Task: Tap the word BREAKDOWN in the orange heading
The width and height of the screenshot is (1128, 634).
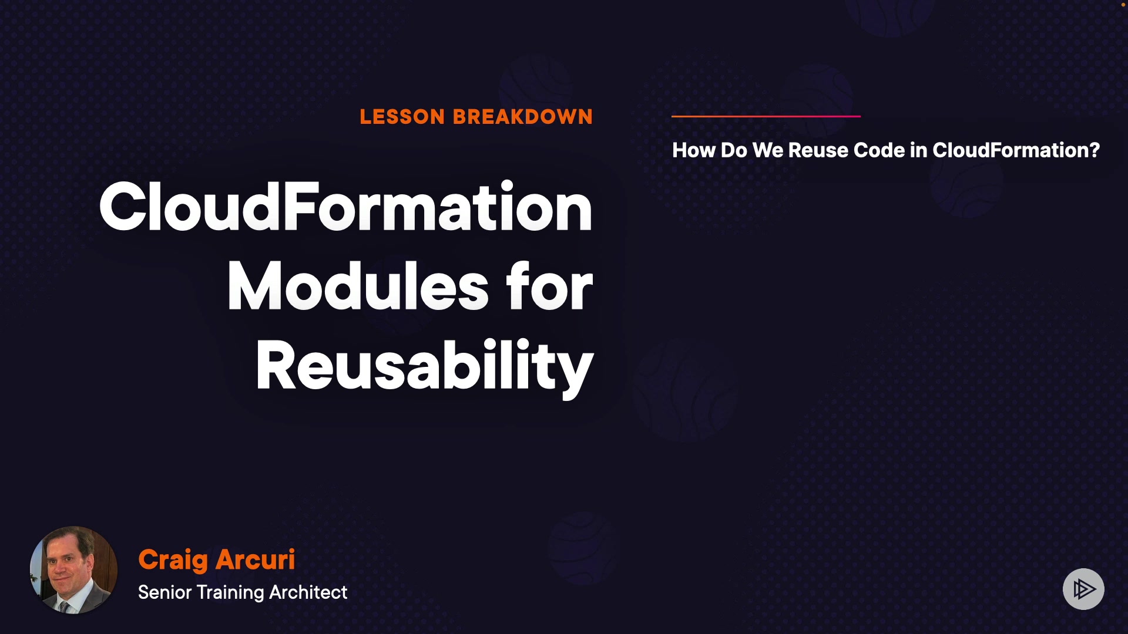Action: click(x=523, y=117)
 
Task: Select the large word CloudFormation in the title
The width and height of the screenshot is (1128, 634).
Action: click(x=346, y=207)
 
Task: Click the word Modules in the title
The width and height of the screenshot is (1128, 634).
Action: click(x=358, y=286)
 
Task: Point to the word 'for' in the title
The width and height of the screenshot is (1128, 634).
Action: click(x=549, y=286)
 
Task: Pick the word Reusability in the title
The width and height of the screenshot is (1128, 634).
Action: click(x=425, y=366)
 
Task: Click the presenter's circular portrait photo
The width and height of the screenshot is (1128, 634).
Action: click(x=73, y=570)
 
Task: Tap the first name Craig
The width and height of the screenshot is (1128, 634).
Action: click(x=173, y=561)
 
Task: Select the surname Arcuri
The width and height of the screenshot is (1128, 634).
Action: click(x=255, y=559)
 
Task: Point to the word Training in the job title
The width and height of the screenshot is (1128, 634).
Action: click(x=230, y=593)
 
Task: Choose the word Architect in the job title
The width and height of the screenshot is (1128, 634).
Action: click(x=308, y=592)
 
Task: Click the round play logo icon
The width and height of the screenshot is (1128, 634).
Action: click(x=1083, y=589)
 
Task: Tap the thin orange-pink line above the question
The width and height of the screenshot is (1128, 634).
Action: click(x=766, y=116)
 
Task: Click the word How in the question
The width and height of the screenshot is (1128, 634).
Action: click(x=694, y=150)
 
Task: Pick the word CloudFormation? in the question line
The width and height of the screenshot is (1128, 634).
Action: click(x=1016, y=150)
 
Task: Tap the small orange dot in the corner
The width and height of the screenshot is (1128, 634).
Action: click(x=1123, y=5)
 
